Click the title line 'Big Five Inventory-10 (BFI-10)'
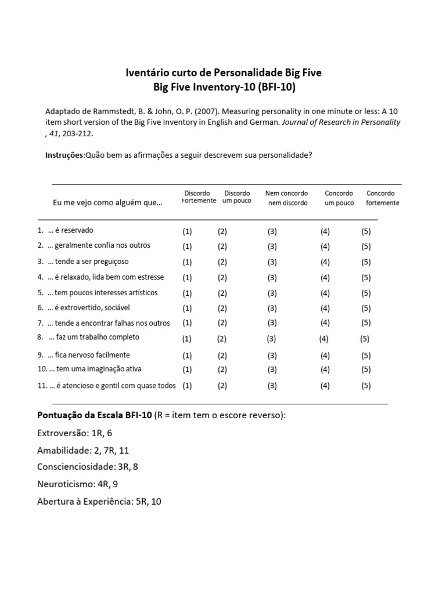[224, 87]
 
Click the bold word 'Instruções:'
[65, 155]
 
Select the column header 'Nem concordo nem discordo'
[287, 198]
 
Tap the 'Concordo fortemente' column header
[382, 198]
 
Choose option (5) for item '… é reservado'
[366, 231]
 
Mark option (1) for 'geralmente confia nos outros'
[187, 246]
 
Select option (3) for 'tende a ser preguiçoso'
[272, 262]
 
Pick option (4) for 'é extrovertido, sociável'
[325, 308]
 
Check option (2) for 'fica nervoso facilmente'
[222, 356]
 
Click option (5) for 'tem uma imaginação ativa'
[366, 370]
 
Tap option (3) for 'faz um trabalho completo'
[271, 339]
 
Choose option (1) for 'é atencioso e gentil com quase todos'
[187, 385]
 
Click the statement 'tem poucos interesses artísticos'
[102, 292]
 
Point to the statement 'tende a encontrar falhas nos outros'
[109, 323]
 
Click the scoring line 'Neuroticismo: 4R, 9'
[78, 483]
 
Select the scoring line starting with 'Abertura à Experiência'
[99, 501]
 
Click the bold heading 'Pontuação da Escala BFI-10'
[95, 415]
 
